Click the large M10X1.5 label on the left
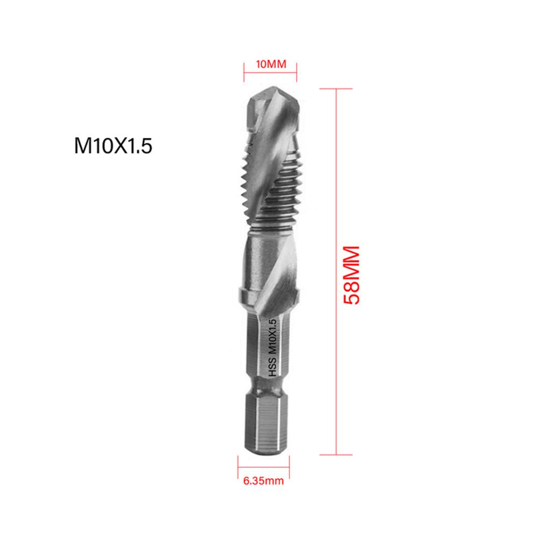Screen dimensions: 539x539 pos(114,146)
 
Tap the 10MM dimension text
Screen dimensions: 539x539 pos(270,65)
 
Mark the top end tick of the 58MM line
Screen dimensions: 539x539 pos(337,89)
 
